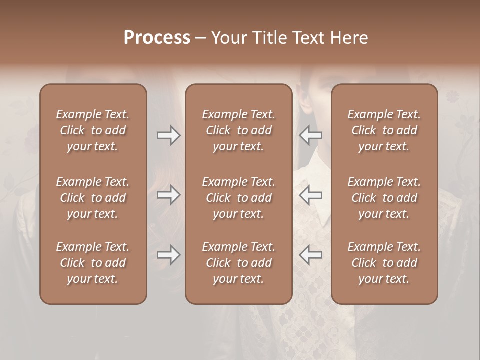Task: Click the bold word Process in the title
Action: [x=157, y=38]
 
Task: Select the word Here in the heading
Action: [x=349, y=38]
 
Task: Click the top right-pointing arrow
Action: [x=168, y=135]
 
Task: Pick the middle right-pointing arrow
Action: [x=168, y=195]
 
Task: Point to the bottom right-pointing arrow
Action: [x=168, y=255]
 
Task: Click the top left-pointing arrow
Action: [x=310, y=135]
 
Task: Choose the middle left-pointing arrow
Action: [x=310, y=195]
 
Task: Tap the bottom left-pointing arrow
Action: [x=310, y=255]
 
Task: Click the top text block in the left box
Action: [x=93, y=130]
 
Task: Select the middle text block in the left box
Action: [x=93, y=198]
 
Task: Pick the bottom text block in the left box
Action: [x=93, y=263]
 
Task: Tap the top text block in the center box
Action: [x=239, y=130]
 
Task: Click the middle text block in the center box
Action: [x=239, y=198]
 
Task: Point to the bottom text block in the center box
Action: [x=239, y=263]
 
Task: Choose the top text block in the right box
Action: [x=384, y=130]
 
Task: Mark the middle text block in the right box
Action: [x=384, y=198]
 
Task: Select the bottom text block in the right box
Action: [x=384, y=263]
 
